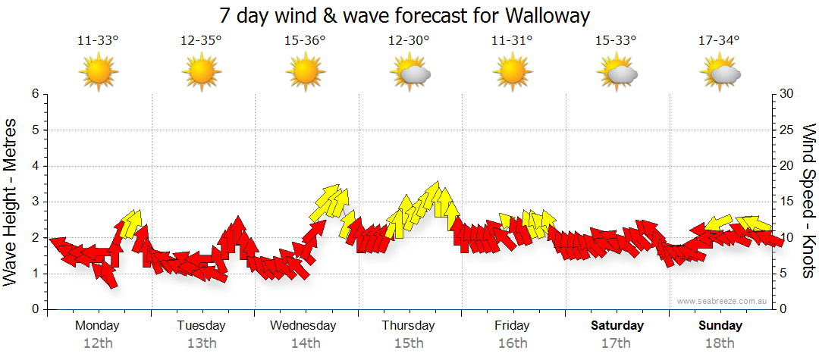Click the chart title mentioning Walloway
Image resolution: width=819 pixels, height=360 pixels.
[x=404, y=15]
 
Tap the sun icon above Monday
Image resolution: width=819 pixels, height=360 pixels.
[x=99, y=74]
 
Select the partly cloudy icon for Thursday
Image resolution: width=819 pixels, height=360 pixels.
[x=410, y=74]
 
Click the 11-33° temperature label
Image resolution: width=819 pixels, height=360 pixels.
[x=99, y=40]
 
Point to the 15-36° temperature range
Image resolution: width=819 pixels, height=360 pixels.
[x=305, y=40]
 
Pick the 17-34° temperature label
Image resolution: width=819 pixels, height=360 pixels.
[x=719, y=40]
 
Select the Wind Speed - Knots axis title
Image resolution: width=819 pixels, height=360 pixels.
[x=808, y=201]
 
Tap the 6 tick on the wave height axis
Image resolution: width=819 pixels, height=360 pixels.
[x=35, y=94]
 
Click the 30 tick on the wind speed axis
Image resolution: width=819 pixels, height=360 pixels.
[x=787, y=94]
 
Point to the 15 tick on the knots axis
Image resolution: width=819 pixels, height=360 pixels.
[x=787, y=202]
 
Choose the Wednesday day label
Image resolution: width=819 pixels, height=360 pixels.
[x=303, y=326]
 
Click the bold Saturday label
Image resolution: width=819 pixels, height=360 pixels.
[x=617, y=326]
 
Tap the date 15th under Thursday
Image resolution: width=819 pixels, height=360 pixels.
[x=409, y=343]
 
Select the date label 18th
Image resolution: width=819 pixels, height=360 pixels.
[x=720, y=343]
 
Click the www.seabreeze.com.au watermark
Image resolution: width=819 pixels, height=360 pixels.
[x=723, y=301]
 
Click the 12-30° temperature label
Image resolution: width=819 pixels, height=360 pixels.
[x=409, y=40]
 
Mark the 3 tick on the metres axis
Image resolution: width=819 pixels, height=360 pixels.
[x=35, y=202]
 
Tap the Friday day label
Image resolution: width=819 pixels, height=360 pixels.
[x=513, y=326]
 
